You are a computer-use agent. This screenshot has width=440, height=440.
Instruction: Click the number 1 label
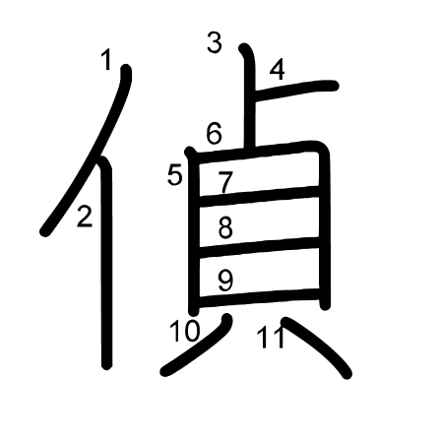click(x=105, y=59)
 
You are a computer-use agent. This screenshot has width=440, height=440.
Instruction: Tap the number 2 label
click(x=85, y=217)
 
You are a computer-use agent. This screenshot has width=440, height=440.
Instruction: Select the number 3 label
click(x=215, y=43)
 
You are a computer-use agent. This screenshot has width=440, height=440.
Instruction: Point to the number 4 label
click(x=278, y=70)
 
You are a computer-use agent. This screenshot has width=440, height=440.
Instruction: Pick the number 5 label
click(x=174, y=175)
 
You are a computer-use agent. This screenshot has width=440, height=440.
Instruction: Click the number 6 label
click(x=214, y=133)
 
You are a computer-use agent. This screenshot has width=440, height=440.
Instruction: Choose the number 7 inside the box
click(x=225, y=182)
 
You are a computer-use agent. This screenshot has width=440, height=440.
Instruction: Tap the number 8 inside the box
click(x=225, y=227)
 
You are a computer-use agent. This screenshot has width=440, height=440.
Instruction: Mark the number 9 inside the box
click(x=225, y=281)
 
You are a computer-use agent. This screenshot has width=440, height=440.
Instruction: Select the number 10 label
click(x=184, y=331)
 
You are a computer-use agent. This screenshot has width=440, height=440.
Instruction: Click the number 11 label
click(x=270, y=338)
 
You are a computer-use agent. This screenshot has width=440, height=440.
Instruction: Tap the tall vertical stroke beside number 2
click(x=106, y=263)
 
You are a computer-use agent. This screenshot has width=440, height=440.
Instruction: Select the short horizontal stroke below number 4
click(x=295, y=90)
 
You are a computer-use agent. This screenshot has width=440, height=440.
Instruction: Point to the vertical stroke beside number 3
click(x=248, y=96)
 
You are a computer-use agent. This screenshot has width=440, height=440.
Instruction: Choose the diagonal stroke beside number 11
click(x=317, y=346)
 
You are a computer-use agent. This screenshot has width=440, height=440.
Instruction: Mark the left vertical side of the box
click(x=194, y=231)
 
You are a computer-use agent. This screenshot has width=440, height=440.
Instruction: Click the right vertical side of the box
click(x=325, y=226)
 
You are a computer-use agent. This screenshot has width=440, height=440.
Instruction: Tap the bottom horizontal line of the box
click(x=259, y=296)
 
